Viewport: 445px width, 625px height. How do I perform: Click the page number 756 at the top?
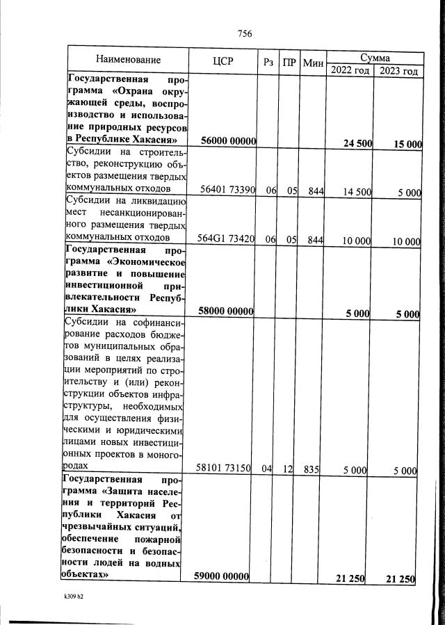click(244, 33)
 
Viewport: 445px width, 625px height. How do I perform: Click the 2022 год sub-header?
click(350, 70)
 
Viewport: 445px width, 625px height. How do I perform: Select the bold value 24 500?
click(357, 143)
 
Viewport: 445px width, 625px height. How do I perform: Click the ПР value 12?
click(288, 469)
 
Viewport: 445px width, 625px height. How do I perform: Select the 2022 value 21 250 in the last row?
click(351, 579)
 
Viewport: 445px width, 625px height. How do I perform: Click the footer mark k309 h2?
click(64, 596)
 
